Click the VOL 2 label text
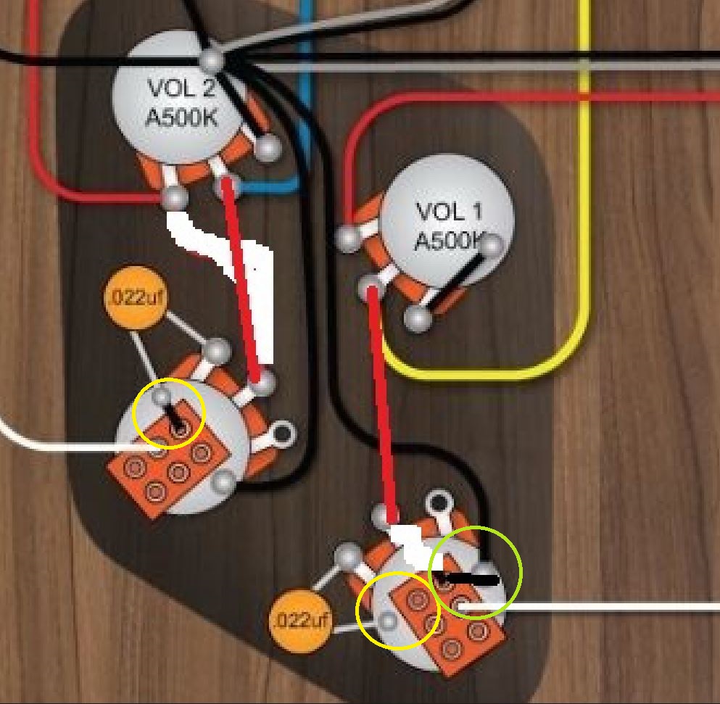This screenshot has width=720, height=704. tap(182, 88)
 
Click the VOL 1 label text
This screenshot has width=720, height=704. tap(449, 212)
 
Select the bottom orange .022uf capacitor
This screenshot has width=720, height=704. tap(300, 621)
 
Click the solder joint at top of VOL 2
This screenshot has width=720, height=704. tap(212, 59)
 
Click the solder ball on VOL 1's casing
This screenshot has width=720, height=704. tap(492, 245)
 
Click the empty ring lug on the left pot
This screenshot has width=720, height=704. tap(282, 433)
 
